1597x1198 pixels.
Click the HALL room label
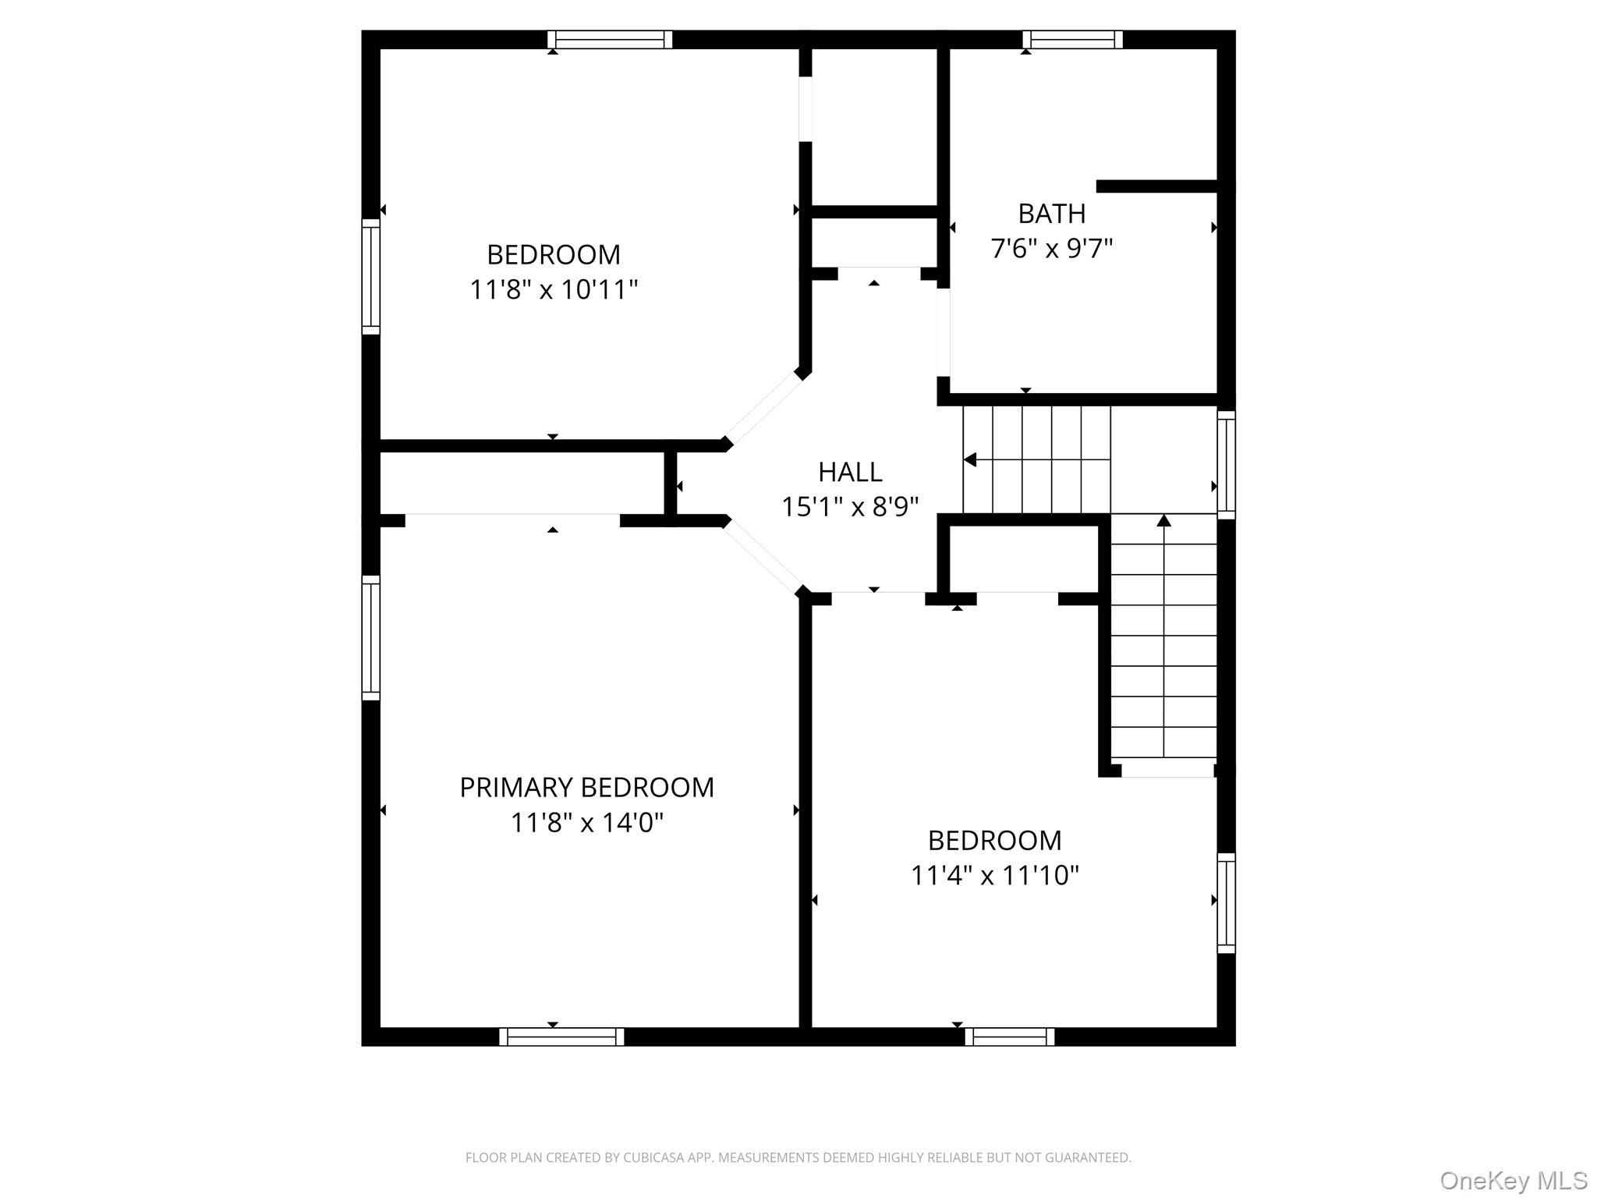850,472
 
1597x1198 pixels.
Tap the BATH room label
1051,213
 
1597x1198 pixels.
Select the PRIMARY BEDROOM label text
586,788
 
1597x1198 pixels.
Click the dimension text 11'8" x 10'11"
554,289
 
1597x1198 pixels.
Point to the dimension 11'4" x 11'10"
994,875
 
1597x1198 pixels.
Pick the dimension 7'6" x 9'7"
1051,248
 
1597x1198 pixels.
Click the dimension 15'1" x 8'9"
850,507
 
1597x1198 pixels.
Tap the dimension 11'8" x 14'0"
586,822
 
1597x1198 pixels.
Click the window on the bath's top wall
1072,40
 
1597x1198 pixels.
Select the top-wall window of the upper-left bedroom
609,40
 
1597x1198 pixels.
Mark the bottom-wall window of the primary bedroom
561,1037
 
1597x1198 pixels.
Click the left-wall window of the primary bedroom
370,637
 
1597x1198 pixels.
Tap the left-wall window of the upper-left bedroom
370,277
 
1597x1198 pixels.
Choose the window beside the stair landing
1227,465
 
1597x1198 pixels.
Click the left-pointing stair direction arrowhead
970,460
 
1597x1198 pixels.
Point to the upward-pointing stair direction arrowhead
1163,520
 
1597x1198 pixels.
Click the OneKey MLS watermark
1513,1180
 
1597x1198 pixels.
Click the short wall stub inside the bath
1157,186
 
